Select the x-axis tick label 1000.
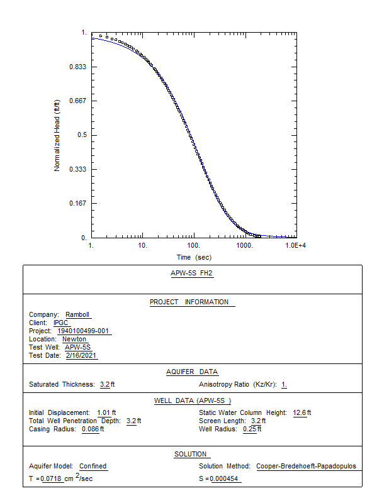pyautogui.click(x=244, y=245)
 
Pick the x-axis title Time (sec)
pyautogui.click(x=194, y=257)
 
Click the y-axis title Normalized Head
pyautogui.click(x=57, y=135)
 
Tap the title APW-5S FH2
pyautogui.click(x=193, y=274)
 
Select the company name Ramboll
pyautogui.click(x=79, y=315)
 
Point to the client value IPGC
pyautogui.click(x=60, y=323)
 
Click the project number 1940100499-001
pyautogui.click(x=84, y=331)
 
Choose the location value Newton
pyautogui.click(x=74, y=340)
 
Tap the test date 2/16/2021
pyautogui.click(x=82, y=355)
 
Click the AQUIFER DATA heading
pyautogui.click(x=192, y=372)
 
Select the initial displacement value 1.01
pyautogui.click(x=103, y=412)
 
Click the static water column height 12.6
pyautogui.click(x=300, y=412)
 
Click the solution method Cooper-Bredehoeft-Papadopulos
pyautogui.click(x=306, y=467)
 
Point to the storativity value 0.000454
pyautogui.click(x=225, y=479)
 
